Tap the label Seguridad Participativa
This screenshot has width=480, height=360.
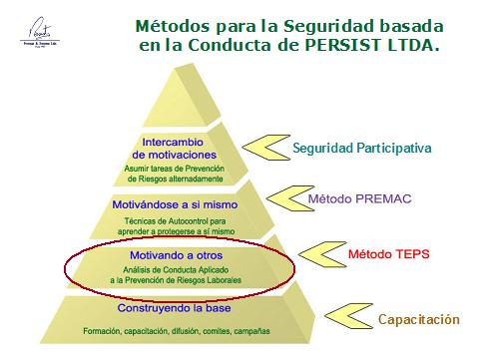point(361,149)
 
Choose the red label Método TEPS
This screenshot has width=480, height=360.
point(388,254)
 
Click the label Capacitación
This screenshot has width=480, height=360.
point(418,319)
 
